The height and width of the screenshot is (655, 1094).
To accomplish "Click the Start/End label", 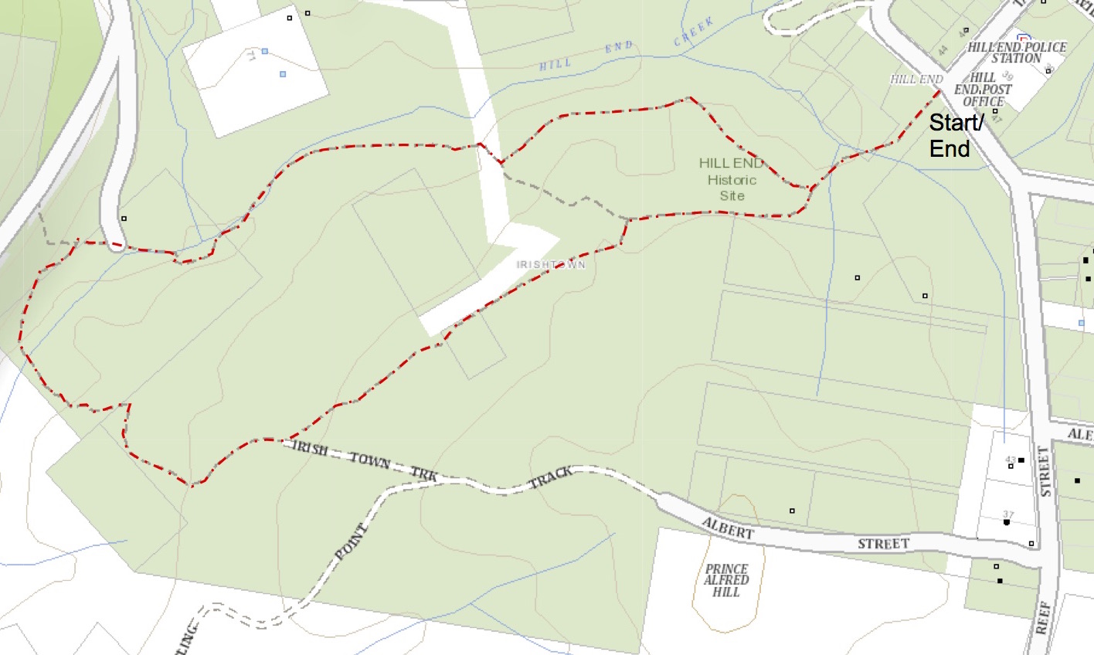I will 955,135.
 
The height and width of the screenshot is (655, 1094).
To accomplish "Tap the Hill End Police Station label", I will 1017,53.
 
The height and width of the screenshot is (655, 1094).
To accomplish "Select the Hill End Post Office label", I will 983,90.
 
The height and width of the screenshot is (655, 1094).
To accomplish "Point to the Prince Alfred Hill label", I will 726,580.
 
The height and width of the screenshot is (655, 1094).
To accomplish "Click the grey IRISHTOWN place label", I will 551,265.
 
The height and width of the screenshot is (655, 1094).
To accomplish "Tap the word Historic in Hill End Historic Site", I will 732,180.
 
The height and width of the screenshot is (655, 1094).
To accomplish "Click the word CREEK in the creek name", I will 693,33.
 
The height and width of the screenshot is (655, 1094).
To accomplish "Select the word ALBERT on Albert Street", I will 727,529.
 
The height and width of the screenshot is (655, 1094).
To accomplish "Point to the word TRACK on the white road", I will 551,479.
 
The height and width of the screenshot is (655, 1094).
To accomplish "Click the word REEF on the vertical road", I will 1042,618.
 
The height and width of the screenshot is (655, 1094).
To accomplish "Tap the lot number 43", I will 1010,460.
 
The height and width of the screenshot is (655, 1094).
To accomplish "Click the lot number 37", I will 1008,514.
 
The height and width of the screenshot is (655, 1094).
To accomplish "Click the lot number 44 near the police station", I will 943,51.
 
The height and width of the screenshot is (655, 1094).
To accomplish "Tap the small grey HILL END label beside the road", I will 916,79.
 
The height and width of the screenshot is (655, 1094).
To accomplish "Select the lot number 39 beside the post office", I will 1007,76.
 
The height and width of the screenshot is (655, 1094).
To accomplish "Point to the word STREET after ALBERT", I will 883,544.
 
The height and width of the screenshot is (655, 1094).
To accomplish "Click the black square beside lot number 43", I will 1021,460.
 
